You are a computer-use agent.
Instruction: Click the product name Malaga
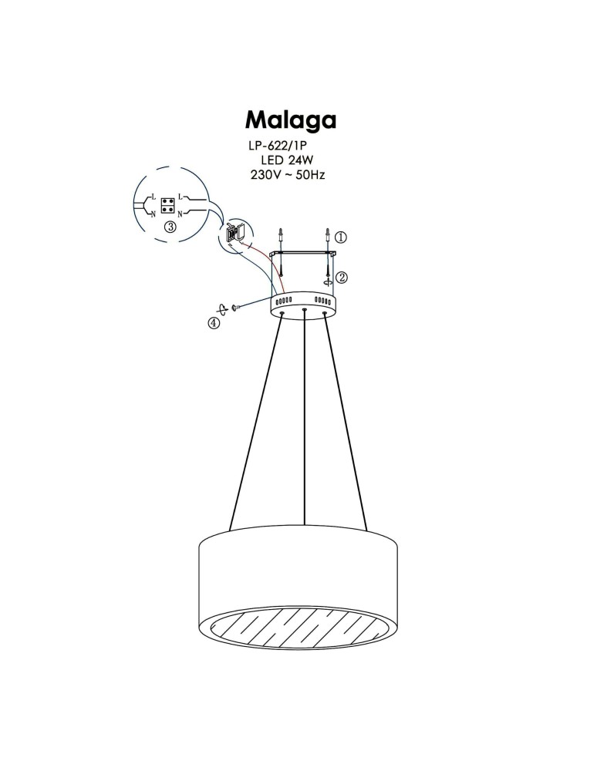coord(291,120)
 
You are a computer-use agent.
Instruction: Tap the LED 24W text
coord(288,160)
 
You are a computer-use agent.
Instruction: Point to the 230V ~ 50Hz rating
coord(288,175)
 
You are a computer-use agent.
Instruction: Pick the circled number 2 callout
coord(341,278)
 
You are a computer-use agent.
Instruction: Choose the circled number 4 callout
coord(214,324)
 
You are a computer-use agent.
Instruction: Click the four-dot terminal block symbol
coord(167,204)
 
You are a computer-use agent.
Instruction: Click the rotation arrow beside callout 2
coord(329,282)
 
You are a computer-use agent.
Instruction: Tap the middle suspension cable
coord(306,424)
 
